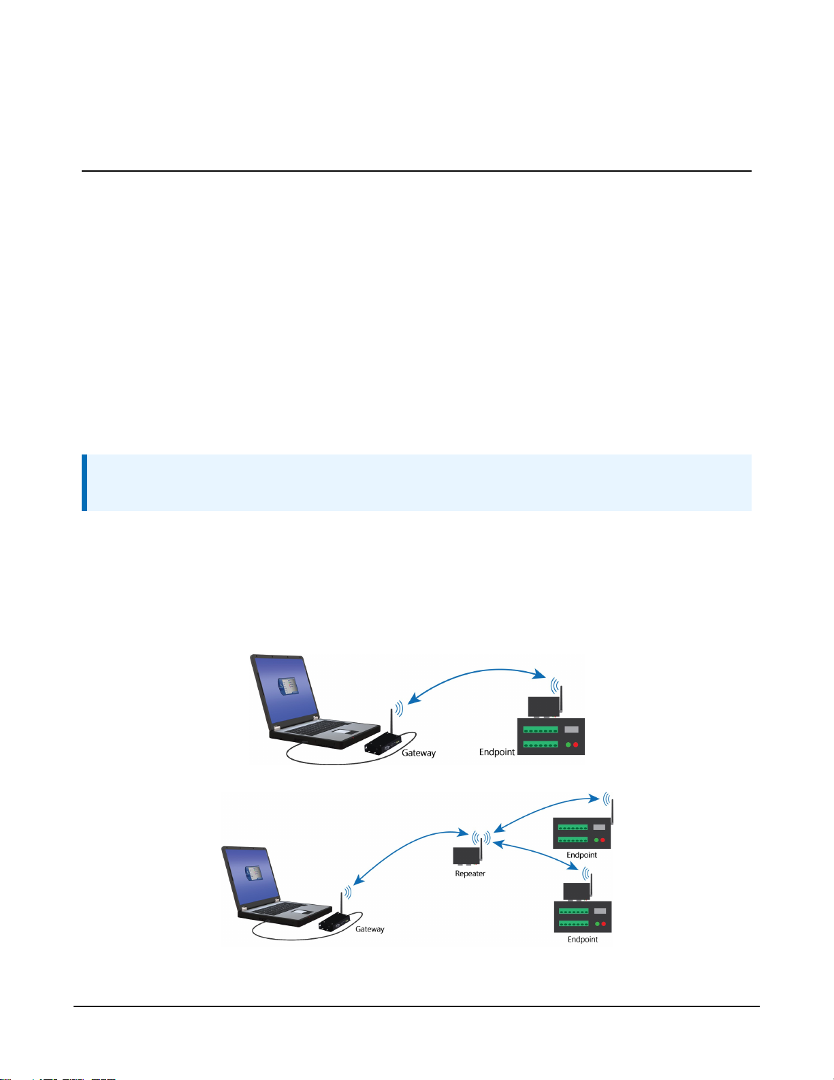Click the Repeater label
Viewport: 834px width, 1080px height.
[470, 874]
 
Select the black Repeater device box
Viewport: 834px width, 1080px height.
[465, 855]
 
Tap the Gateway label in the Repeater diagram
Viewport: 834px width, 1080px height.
[370, 929]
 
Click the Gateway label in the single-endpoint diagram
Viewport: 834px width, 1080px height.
[419, 753]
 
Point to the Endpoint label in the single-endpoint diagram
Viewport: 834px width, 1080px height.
[497, 752]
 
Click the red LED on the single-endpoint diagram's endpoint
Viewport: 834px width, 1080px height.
[576, 745]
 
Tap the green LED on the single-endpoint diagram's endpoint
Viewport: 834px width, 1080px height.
[567, 745]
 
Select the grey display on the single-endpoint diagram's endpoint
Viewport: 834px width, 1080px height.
[571, 729]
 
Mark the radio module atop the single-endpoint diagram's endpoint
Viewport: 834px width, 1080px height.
[543, 707]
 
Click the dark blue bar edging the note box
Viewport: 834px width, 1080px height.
[84, 482]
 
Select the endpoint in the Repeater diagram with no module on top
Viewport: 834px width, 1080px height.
[581, 833]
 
